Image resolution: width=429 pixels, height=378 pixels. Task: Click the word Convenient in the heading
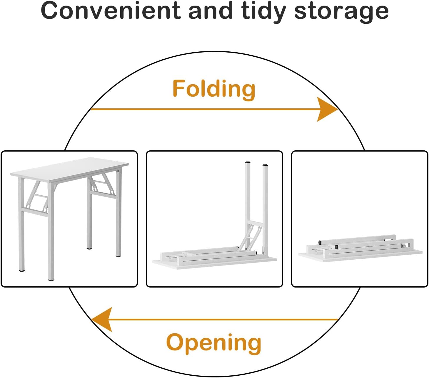111,11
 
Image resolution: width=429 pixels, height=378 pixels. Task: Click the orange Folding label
214,88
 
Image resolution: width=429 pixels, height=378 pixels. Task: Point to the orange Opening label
214,342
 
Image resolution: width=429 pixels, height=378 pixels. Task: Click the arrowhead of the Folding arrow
327,109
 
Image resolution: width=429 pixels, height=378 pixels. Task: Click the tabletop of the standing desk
69,169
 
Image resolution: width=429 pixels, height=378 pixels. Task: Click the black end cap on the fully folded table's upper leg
320,243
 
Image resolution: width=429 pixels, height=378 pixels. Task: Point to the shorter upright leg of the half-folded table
266,206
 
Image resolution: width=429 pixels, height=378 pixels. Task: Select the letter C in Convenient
50,11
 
